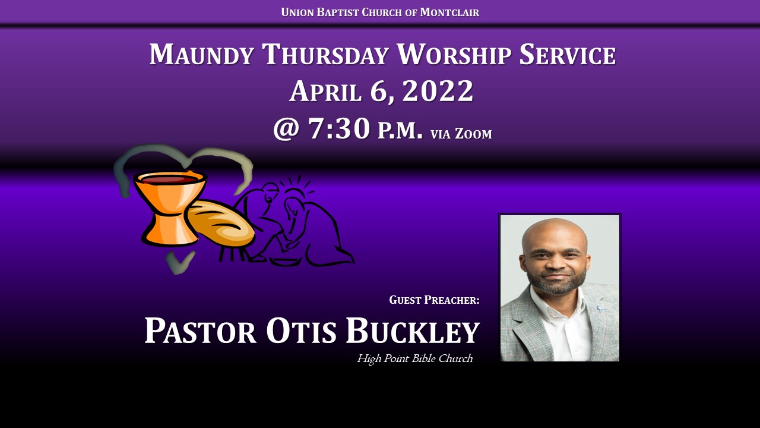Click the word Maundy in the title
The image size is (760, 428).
pyautogui.click(x=201, y=54)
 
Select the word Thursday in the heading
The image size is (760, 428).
pyautogui.click(x=325, y=54)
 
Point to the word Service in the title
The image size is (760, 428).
pyautogui.click(x=568, y=54)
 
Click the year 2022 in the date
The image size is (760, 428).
pyautogui.click(x=438, y=91)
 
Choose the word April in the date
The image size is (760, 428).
pyautogui.click(x=326, y=91)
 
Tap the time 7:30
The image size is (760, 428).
pyautogui.click(x=339, y=128)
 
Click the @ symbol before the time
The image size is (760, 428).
pyautogui.click(x=286, y=129)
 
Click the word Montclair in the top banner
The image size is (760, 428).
pyautogui.click(x=449, y=12)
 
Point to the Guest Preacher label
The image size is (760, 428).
pyautogui.click(x=434, y=300)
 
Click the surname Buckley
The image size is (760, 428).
pyautogui.click(x=413, y=331)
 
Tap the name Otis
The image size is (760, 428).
pyautogui.click(x=301, y=331)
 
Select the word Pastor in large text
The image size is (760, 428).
pyautogui.click(x=200, y=331)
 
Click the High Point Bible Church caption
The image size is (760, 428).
pyautogui.click(x=414, y=358)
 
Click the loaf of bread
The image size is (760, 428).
pyautogui.click(x=220, y=222)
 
